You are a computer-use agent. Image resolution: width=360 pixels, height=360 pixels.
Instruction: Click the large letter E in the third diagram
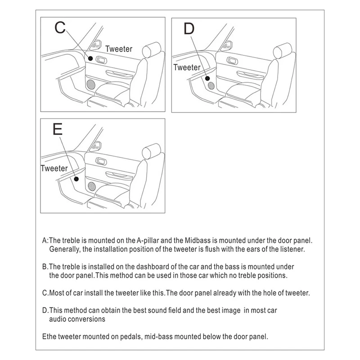click(58, 130)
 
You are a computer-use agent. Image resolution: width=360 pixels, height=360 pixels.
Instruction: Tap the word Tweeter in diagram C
click(119, 49)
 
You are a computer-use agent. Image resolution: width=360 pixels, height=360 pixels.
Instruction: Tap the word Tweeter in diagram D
click(186, 67)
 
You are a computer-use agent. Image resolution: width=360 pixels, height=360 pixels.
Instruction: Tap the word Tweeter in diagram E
click(54, 168)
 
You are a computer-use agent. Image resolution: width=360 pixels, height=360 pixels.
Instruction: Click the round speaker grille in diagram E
click(93, 185)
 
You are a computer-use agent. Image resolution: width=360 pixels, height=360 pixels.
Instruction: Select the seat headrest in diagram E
click(152, 152)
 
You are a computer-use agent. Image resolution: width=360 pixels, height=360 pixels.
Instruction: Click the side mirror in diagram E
click(96, 146)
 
